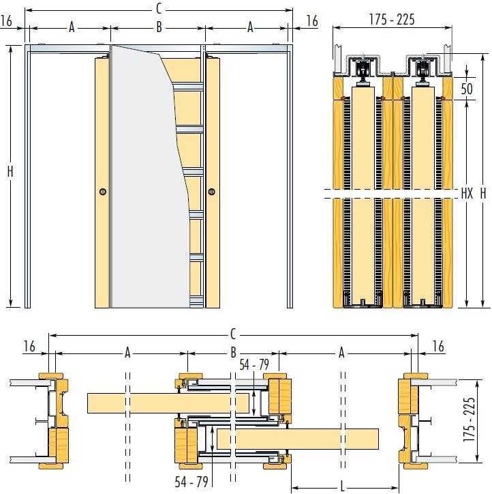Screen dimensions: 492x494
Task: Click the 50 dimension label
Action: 467,89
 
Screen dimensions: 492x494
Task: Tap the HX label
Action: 467,193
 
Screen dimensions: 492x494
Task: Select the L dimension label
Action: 342,487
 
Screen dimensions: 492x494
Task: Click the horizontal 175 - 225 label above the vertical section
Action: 392,20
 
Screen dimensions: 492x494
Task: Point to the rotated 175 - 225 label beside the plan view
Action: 468,420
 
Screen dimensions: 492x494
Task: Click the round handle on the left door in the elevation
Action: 102,192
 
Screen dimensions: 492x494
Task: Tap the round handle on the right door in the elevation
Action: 211,192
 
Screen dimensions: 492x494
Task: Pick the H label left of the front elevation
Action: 10,172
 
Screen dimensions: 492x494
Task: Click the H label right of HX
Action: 483,193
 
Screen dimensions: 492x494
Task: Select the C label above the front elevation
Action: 159,9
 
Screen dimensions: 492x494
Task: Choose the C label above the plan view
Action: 233,334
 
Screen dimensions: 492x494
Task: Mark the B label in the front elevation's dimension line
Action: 159,27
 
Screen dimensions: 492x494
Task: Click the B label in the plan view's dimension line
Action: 233,353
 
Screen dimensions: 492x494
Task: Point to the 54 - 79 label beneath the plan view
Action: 191,482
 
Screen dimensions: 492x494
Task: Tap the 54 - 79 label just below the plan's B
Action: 254,365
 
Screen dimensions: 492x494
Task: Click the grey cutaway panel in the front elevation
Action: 148,177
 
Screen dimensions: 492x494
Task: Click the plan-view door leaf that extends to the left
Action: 168,403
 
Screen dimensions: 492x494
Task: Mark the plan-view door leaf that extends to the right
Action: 298,439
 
